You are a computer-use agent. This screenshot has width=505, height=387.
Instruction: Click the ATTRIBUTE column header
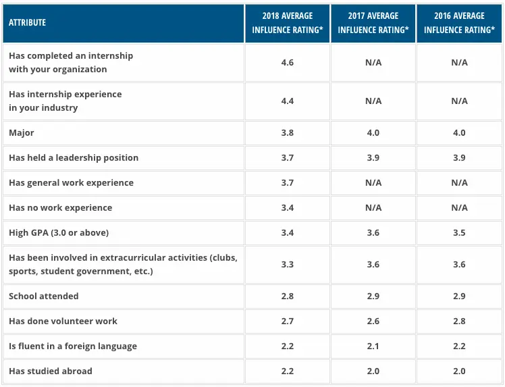point(28,22)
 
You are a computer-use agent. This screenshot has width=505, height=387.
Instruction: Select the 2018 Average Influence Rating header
point(287,23)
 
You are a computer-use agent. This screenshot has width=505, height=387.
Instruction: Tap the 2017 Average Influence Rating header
point(373,23)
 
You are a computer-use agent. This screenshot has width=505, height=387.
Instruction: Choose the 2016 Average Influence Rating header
point(459,23)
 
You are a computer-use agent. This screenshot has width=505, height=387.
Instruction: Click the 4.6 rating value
point(287,62)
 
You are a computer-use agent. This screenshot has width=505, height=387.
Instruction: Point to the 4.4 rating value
point(287,101)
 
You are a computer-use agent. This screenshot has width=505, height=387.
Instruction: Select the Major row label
point(22,132)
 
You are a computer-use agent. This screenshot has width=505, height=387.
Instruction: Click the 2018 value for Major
point(287,132)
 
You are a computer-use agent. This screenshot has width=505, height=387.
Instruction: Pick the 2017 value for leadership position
point(373,157)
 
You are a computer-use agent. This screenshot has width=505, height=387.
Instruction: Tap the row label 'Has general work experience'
point(71,182)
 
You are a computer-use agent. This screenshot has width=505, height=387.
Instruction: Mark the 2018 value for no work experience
point(287,207)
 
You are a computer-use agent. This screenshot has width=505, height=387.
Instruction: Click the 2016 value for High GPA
point(459,232)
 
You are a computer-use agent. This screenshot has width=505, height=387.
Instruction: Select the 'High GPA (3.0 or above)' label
point(59,232)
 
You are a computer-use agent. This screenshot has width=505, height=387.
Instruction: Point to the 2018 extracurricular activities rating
point(287,264)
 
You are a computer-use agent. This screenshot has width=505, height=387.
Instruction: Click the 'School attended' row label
point(44,296)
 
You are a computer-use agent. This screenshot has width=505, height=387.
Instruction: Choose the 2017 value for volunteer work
point(373,321)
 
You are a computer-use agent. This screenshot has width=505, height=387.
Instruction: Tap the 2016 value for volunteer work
point(459,321)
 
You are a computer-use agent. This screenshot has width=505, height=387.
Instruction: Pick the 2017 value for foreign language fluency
point(373,346)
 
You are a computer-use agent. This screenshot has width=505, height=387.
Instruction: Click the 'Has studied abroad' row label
point(51,371)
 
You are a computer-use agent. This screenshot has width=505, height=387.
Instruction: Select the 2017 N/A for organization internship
point(373,62)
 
